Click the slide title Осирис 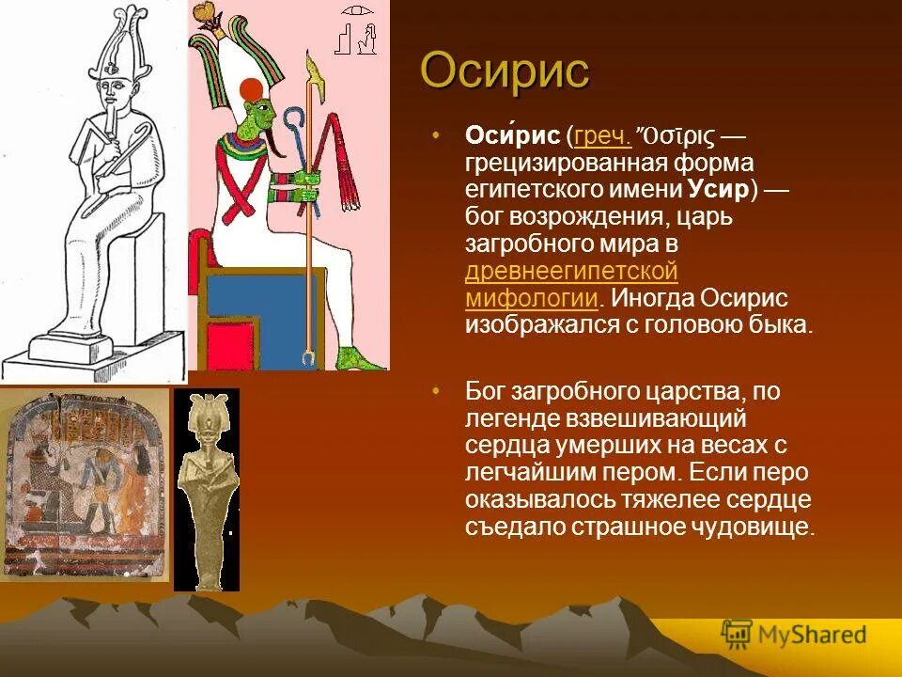coord(505,71)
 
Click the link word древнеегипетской coord(571,272)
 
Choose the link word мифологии coord(532,299)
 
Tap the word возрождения coord(620,217)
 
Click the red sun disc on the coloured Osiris coord(251,90)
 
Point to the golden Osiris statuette coord(206,489)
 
